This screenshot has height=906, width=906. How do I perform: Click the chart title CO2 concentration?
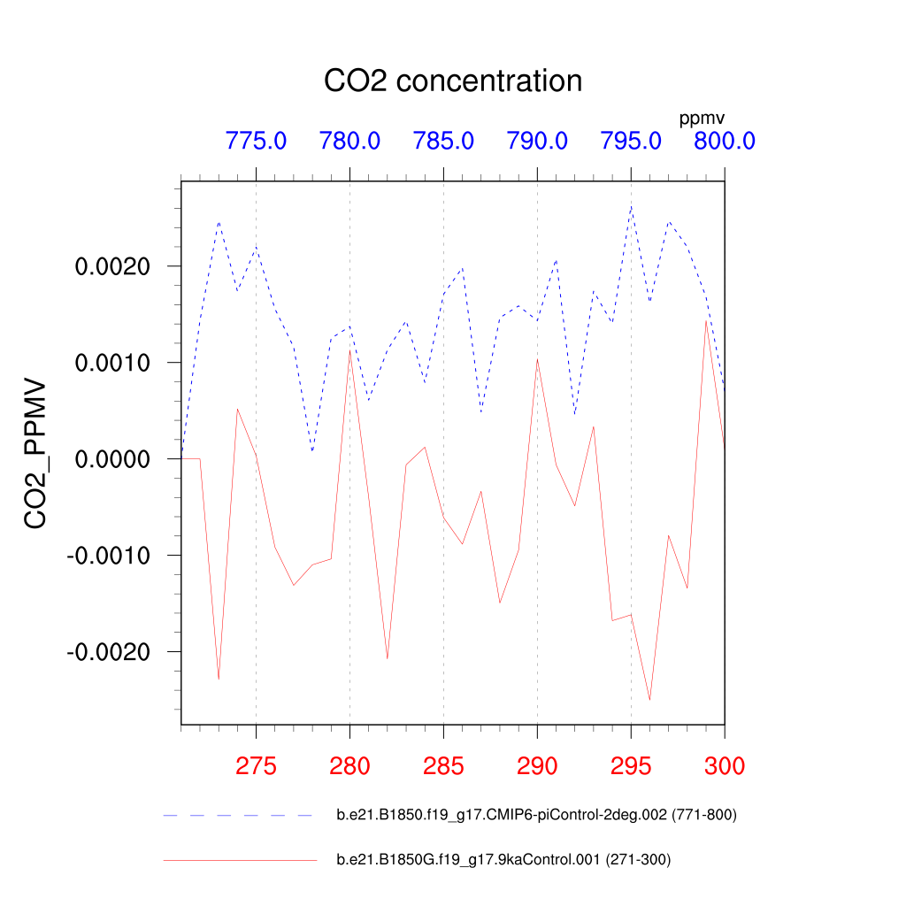point(453,81)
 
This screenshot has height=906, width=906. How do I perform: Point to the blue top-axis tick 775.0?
point(256,141)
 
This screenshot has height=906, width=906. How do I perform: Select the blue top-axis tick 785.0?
point(443,141)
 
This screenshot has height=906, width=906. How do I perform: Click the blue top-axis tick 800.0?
point(725,141)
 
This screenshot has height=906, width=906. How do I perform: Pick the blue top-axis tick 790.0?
point(537,141)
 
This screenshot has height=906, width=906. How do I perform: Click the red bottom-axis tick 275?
point(256,766)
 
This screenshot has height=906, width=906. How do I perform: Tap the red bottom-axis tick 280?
point(349,766)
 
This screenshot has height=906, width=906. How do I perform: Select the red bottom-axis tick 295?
point(631,766)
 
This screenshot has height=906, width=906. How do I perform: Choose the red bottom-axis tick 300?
point(725,766)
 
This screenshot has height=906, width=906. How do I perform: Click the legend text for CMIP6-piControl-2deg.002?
point(536,815)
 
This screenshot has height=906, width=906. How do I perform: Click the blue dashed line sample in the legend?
point(239,815)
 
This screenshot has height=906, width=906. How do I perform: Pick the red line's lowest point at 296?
point(650,700)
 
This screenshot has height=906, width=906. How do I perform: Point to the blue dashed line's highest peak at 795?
point(631,207)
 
